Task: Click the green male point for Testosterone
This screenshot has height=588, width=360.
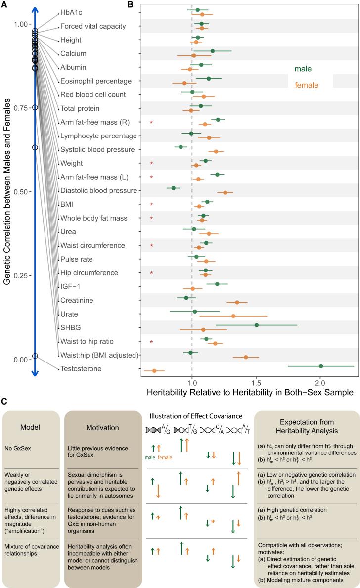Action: click(x=321, y=366)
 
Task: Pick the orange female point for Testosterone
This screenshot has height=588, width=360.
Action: click(x=154, y=371)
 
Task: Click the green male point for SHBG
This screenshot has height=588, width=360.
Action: click(x=256, y=325)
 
